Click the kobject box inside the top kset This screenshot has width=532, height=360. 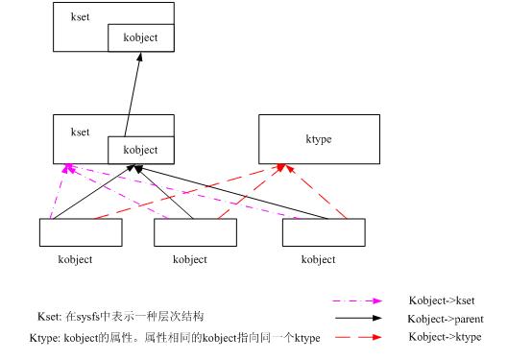[140, 38]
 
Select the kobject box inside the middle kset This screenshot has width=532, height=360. [140, 150]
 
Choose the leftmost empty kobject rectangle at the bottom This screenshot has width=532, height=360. [81, 233]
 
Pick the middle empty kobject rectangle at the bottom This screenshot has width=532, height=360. [196, 233]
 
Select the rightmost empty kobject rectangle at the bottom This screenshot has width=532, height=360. [324, 233]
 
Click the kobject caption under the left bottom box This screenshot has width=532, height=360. [74, 259]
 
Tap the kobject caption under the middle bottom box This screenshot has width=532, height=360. [189, 259]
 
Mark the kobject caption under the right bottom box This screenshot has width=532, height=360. [318, 259]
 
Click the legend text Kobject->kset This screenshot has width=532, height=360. [442, 301]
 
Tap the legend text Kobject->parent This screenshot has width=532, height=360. [445, 319]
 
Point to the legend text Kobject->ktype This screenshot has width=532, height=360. [445, 337]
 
